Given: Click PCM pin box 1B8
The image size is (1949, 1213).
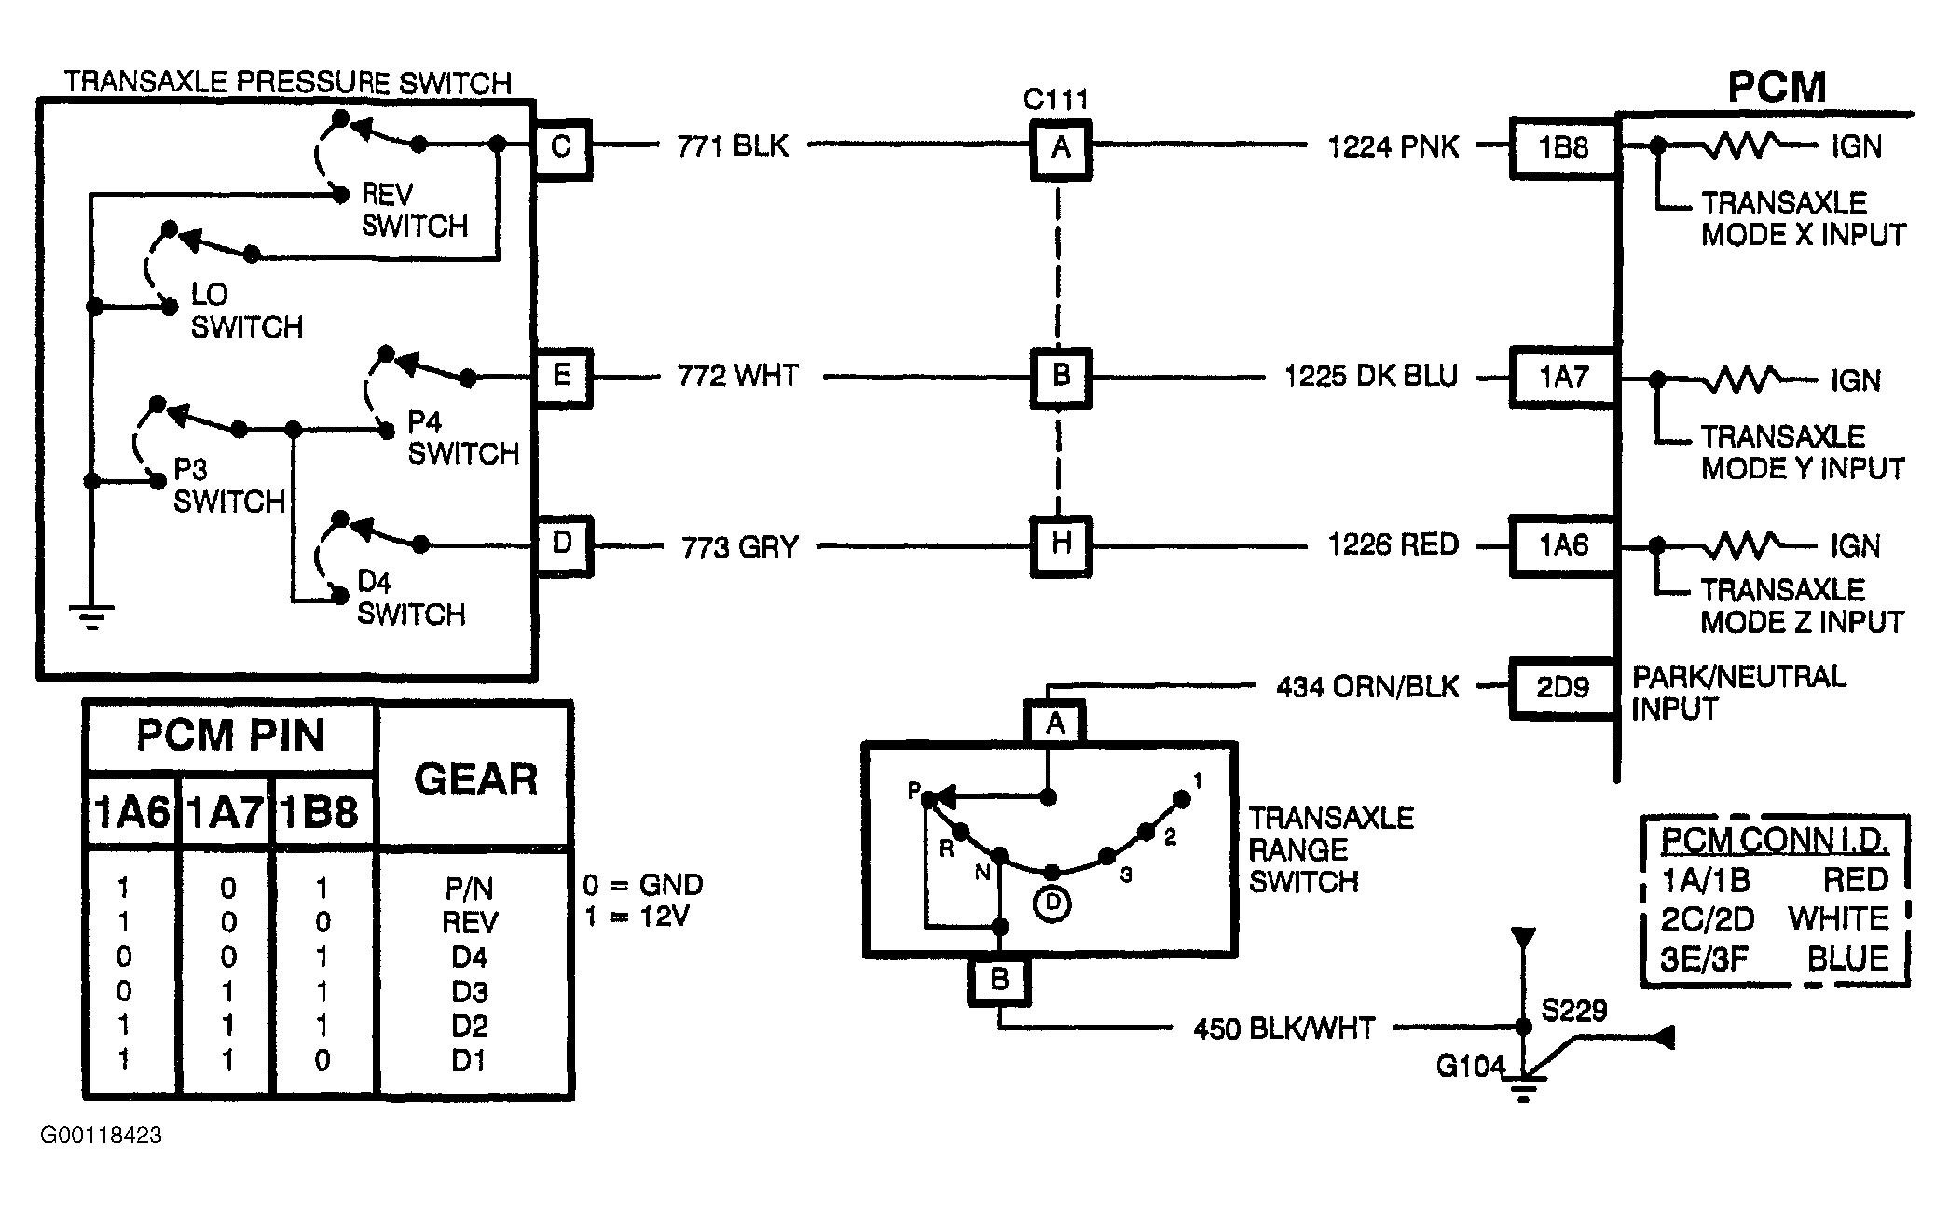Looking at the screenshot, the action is [1563, 147].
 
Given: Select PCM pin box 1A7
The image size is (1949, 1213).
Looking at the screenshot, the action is [1563, 378].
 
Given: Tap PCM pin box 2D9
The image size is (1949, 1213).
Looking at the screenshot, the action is [1563, 688].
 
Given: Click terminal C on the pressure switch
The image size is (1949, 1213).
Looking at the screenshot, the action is [561, 147].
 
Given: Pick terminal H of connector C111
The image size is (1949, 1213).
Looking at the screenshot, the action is [1061, 544].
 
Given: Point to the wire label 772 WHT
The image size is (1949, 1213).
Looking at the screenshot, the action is [738, 377].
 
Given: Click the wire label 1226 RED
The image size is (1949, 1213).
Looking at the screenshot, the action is [1393, 544].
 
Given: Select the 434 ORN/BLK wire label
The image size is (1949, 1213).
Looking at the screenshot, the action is [1366, 688].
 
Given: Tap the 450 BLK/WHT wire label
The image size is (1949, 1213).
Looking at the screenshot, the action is [1283, 1028].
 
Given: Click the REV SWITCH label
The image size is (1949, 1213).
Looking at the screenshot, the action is [414, 210].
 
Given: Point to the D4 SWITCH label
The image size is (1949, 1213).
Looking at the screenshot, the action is [411, 599].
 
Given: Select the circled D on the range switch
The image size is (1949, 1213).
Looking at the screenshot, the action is [1053, 903].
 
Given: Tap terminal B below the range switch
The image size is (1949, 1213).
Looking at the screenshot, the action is [999, 979].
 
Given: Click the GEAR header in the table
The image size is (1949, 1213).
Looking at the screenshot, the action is [475, 779].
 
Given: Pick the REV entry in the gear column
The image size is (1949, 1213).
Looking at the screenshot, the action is [470, 923].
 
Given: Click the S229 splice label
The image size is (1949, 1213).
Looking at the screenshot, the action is [1574, 1011].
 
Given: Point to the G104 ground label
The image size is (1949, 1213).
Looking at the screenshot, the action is [1471, 1066].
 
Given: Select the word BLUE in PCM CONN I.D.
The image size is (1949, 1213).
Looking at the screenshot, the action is [1847, 959].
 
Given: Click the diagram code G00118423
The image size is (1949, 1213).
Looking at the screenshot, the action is [101, 1136].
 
